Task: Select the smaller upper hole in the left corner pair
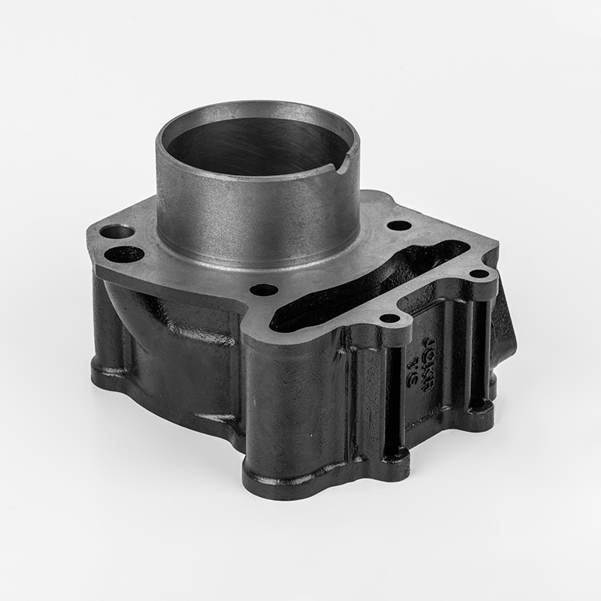pos(114,232)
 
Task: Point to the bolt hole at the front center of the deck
pos(264,289)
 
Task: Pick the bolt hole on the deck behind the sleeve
pos(398,225)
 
